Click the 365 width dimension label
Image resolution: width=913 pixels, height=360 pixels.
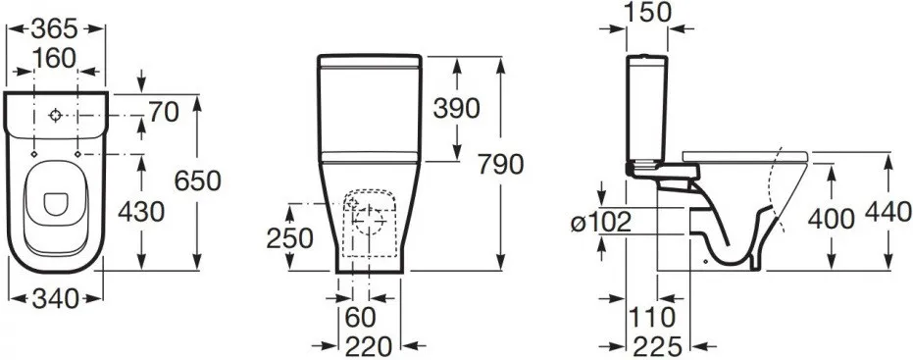54,27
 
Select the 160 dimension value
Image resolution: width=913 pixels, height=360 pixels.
54,58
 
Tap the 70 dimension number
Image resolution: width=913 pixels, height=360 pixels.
163,113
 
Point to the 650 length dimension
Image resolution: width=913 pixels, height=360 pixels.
197,181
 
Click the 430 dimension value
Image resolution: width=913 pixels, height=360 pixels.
141,212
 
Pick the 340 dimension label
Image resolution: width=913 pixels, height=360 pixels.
55,299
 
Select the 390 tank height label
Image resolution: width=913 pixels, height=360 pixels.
457,108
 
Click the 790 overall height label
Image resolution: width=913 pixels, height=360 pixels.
501,165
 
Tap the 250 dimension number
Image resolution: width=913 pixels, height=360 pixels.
290,238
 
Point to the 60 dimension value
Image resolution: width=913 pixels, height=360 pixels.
361,318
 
